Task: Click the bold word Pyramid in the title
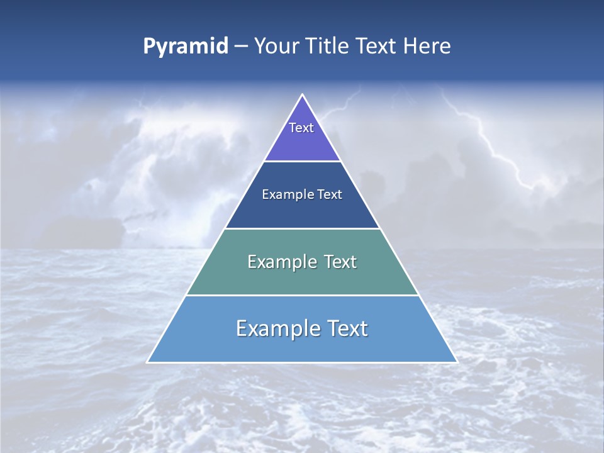coord(186,47)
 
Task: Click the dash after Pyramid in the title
coord(241,47)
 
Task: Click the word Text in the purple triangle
coord(301,128)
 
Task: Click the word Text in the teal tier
coord(340,262)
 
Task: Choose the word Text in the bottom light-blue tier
coord(347,328)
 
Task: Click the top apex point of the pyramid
coord(303,95)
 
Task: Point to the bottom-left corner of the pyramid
coord(148,362)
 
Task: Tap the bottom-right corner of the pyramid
coord(456,362)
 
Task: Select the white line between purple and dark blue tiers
coord(302,161)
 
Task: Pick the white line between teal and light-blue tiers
coord(302,295)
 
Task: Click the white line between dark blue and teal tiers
coord(302,228)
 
